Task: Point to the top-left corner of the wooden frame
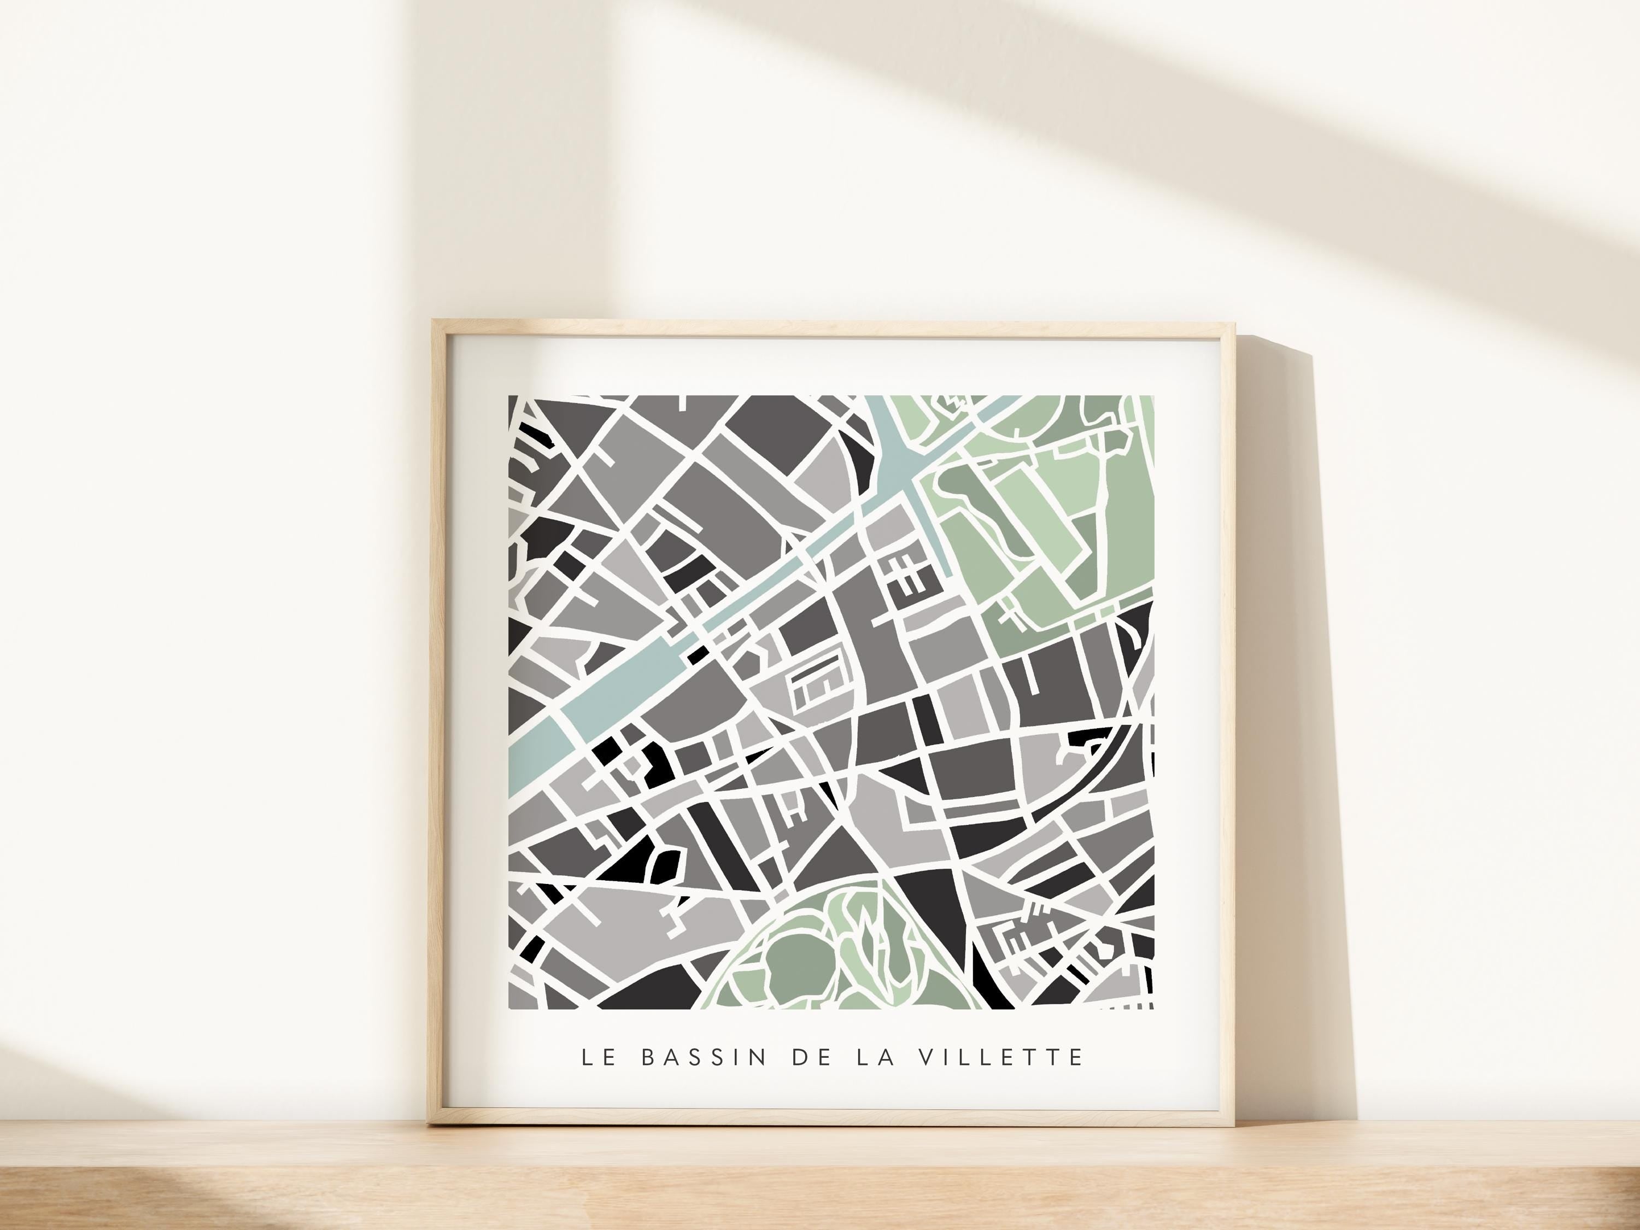pos(433,320)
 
